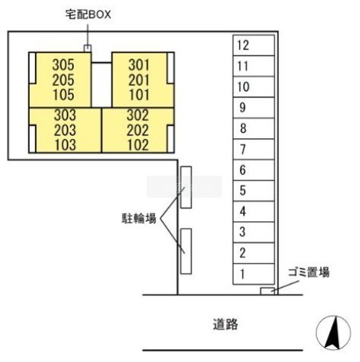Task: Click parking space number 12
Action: tap(254, 46)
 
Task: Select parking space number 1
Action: tap(254, 274)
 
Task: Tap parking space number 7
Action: tap(254, 149)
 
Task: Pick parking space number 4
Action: tap(254, 211)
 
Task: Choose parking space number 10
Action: tap(254, 87)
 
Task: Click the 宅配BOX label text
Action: tap(88, 14)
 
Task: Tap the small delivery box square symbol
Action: tap(87, 48)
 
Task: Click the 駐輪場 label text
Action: tap(139, 218)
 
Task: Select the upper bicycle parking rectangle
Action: tap(186, 187)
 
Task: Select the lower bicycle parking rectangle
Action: tap(186, 251)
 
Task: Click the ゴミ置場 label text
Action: tap(309, 272)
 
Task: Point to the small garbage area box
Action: tap(267, 291)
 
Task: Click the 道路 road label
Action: tap(226, 324)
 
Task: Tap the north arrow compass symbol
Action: tap(333, 333)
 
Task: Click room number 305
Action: tap(63, 65)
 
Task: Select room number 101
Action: tap(139, 95)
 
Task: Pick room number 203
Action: tap(65, 130)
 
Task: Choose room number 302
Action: tap(137, 115)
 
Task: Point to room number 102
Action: tap(138, 145)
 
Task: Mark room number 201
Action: tap(139, 80)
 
